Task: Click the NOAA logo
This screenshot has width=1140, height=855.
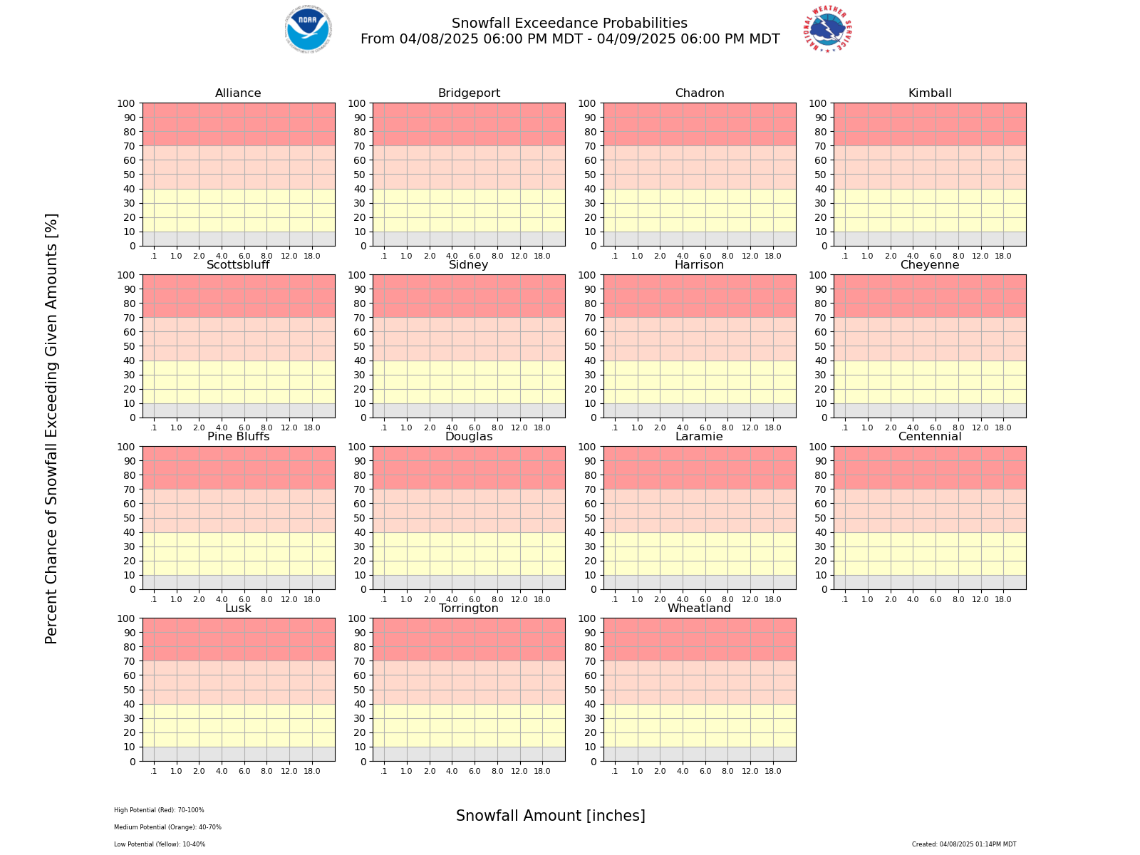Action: tap(308, 29)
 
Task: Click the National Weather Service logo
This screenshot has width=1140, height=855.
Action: tap(829, 29)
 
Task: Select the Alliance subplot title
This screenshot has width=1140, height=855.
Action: tap(238, 93)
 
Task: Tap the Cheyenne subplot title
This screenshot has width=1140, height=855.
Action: tap(930, 265)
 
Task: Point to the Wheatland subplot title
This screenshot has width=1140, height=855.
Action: tap(699, 608)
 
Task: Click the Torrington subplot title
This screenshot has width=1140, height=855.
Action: tap(469, 608)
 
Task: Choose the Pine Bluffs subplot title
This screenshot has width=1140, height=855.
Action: tap(238, 437)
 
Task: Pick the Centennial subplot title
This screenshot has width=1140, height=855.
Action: tap(930, 437)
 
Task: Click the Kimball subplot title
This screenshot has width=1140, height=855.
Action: tap(930, 93)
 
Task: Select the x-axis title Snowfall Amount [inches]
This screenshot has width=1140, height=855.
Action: tap(551, 816)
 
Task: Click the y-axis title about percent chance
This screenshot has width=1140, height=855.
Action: tap(51, 428)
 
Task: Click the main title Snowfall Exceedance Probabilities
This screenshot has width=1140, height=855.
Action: tap(570, 24)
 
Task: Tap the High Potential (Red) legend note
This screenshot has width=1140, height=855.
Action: tap(159, 810)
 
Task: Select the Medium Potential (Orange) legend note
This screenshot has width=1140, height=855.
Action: tap(167, 827)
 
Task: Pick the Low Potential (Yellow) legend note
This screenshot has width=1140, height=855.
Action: tap(160, 844)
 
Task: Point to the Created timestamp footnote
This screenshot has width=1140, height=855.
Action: tap(964, 844)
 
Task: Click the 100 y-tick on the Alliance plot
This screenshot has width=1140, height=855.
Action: tap(126, 103)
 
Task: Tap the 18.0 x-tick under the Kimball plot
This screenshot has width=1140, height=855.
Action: tap(1003, 256)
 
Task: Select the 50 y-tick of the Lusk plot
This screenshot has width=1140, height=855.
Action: tap(129, 690)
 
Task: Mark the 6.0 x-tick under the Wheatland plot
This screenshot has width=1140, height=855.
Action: tap(705, 771)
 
